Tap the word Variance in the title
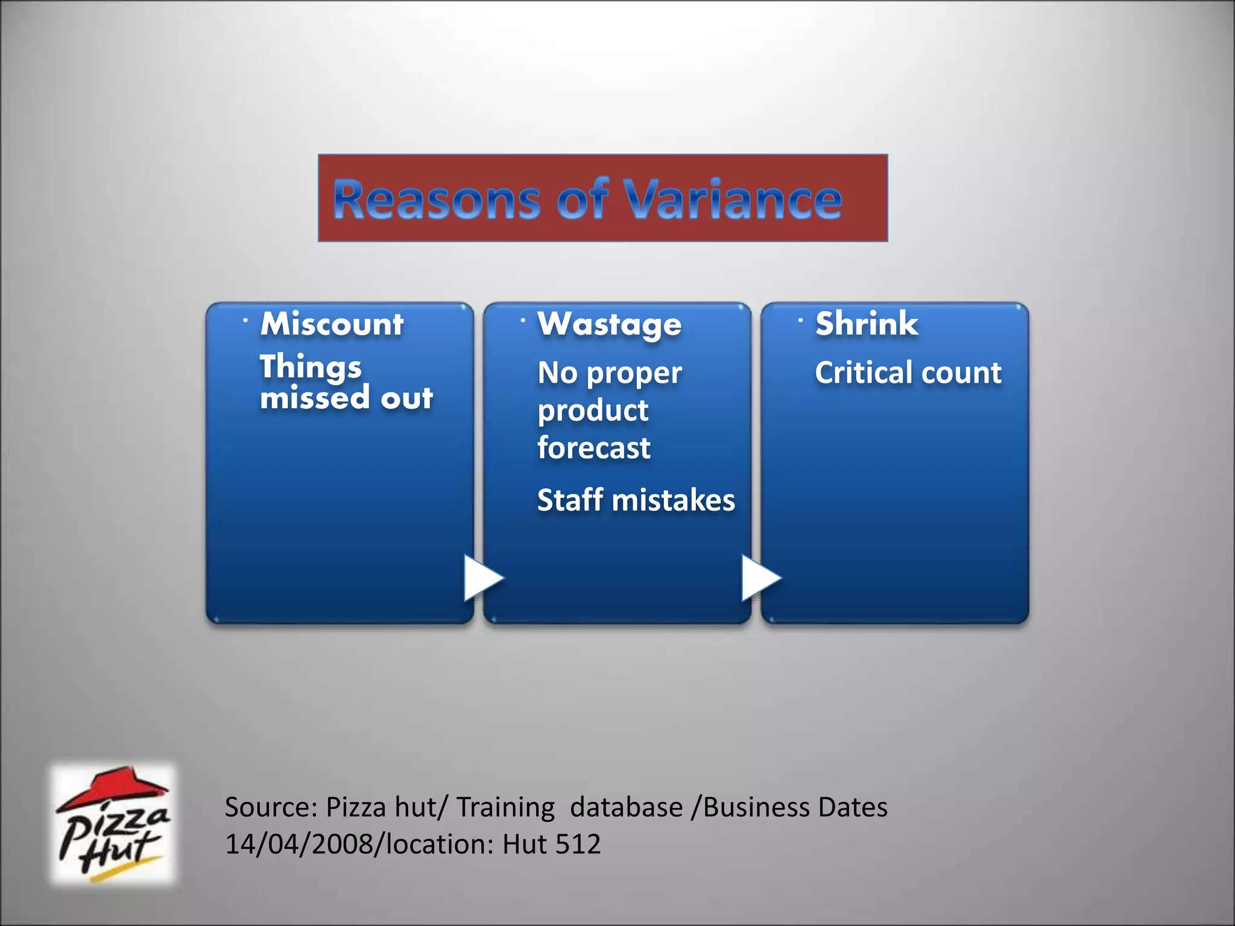tap(733, 200)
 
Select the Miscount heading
tap(332, 324)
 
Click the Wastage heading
tap(610, 325)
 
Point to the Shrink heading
tap(867, 324)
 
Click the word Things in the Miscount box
tap(311, 367)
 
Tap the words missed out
tap(346, 398)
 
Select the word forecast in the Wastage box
tap(593, 448)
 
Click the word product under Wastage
tap(593, 411)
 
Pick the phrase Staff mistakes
tap(636, 500)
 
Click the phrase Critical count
tap(908, 373)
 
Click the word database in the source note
tap(626, 807)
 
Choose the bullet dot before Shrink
tap(800, 320)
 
